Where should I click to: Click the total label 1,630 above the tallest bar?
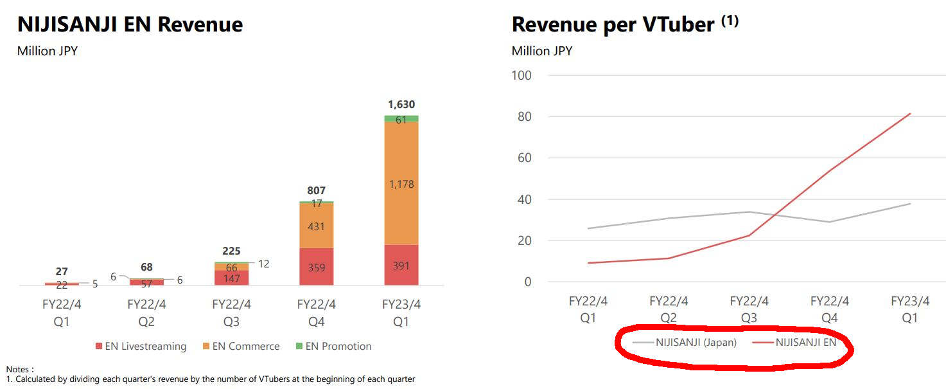[x=401, y=105]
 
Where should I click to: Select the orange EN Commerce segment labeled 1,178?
[x=401, y=184]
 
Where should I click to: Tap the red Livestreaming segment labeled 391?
[x=401, y=265]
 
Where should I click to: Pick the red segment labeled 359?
[x=317, y=267]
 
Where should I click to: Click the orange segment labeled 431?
[x=317, y=226]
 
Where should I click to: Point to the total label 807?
[x=317, y=191]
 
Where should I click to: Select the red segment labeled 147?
[x=232, y=278]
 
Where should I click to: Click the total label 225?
[x=232, y=251]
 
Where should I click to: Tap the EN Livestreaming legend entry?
[x=141, y=347]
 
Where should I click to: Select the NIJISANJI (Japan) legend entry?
[x=685, y=343]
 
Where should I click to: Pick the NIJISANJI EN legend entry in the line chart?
[x=796, y=343]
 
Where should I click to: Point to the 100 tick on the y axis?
[x=523, y=75]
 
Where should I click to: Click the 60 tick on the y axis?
[x=525, y=158]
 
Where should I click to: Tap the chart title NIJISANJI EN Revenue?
[x=130, y=24]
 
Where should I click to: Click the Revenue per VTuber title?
[x=613, y=24]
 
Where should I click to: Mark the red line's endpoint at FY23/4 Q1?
[x=910, y=114]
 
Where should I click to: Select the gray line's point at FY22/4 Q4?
[x=830, y=222]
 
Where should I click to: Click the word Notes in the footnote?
[x=19, y=369]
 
